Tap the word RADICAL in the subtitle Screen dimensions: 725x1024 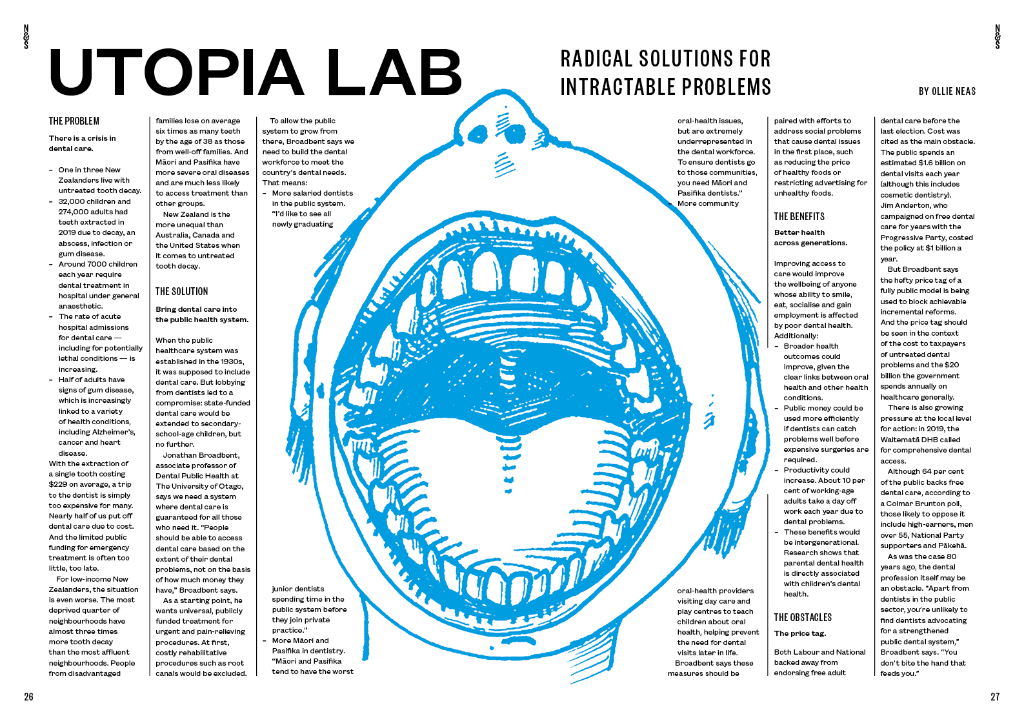(596, 59)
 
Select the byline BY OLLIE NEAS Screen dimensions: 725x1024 (947, 92)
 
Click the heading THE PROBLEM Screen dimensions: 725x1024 (74, 121)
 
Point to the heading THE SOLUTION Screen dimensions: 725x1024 (181, 291)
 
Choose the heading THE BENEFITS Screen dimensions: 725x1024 (799, 216)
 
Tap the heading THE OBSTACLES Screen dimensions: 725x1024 (803, 617)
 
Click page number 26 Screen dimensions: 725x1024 (28, 697)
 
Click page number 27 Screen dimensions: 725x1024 (995, 697)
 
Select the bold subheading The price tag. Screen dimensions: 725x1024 (799, 633)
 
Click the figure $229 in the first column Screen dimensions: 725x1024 (59, 484)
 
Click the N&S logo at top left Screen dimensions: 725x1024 (26, 37)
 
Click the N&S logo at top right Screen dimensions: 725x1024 (997, 37)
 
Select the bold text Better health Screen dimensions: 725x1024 (799, 232)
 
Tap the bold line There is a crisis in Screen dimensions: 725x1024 (82, 138)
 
